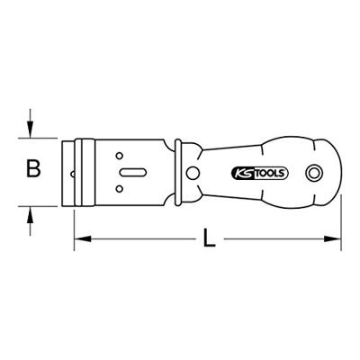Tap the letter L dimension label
(x=210, y=240)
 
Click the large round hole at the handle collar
(x=190, y=171)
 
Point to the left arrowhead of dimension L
(x=78, y=240)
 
